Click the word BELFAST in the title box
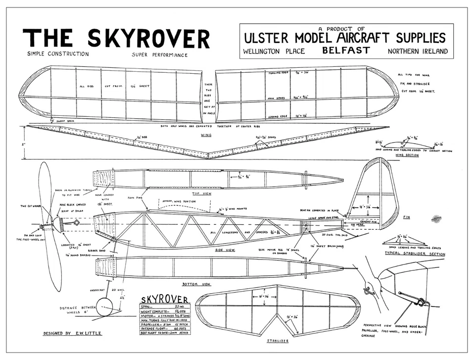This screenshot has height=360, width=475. [346, 51]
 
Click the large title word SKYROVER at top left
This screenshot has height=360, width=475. [148, 39]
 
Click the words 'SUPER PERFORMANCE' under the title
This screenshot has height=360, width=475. [160, 55]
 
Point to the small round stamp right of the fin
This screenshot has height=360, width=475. [435, 218]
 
